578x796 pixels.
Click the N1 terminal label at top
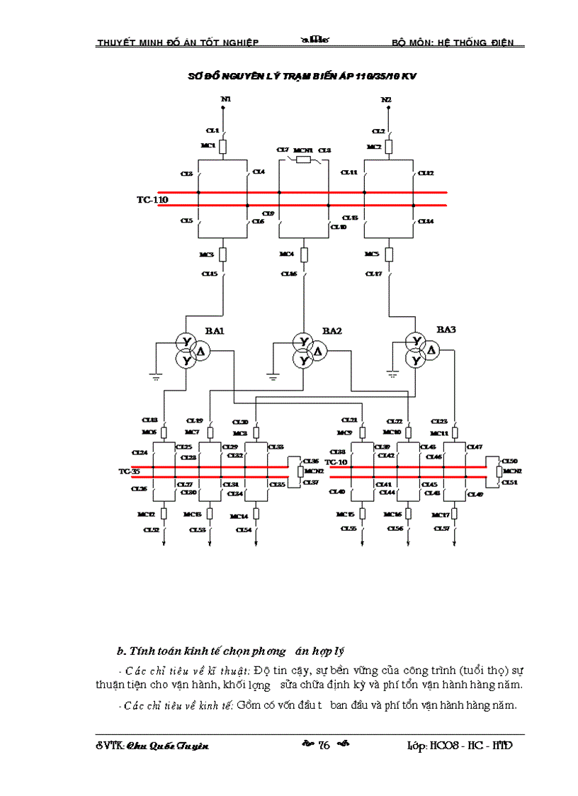pyautogui.click(x=225, y=99)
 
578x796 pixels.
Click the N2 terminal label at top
pyautogui.click(x=386, y=99)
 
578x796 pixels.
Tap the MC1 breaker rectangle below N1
pyautogui.click(x=222, y=147)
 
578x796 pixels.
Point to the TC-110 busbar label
pyautogui.click(x=152, y=200)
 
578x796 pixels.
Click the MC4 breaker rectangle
pyautogui.click(x=304, y=254)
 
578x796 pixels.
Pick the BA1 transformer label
pyautogui.click(x=215, y=331)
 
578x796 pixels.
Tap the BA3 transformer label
pyautogui.click(x=446, y=330)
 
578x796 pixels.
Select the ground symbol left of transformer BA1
pyautogui.click(x=157, y=376)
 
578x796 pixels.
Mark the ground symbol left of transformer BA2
pyautogui.click(x=272, y=376)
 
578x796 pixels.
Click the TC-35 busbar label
pyautogui.click(x=129, y=471)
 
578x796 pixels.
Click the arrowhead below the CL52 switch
pyautogui.click(x=164, y=544)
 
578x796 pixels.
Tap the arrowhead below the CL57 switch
pyautogui.click(x=453, y=544)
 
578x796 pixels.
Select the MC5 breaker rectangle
pyautogui.click(x=388, y=254)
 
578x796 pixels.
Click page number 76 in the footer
pyautogui.click(x=325, y=745)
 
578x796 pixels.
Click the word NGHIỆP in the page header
pyautogui.click(x=238, y=43)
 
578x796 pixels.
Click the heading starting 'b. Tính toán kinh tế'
pyautogui.click(x=230, y=651)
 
